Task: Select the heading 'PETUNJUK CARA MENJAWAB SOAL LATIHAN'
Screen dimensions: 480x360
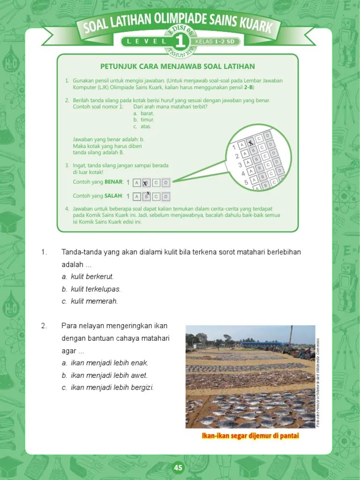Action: click(177, 67)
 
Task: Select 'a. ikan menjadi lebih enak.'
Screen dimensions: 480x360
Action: click(105, 363)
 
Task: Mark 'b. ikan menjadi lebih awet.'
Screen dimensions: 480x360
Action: click(105, 375)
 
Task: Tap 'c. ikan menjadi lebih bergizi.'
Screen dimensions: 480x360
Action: click(107, 387)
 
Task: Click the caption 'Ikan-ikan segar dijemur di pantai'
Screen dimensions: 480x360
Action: click(250, 436)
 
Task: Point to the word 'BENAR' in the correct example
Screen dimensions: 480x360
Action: click(113, 181)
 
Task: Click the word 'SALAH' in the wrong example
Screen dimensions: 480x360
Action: click(113, 195)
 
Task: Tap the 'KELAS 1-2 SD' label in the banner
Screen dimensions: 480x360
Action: click(217, 41)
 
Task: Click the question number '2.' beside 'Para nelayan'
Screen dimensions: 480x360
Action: click(44, 326)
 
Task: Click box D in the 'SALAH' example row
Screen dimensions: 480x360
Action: click(166, 197)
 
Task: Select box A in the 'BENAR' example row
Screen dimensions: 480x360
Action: click(136, 183)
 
